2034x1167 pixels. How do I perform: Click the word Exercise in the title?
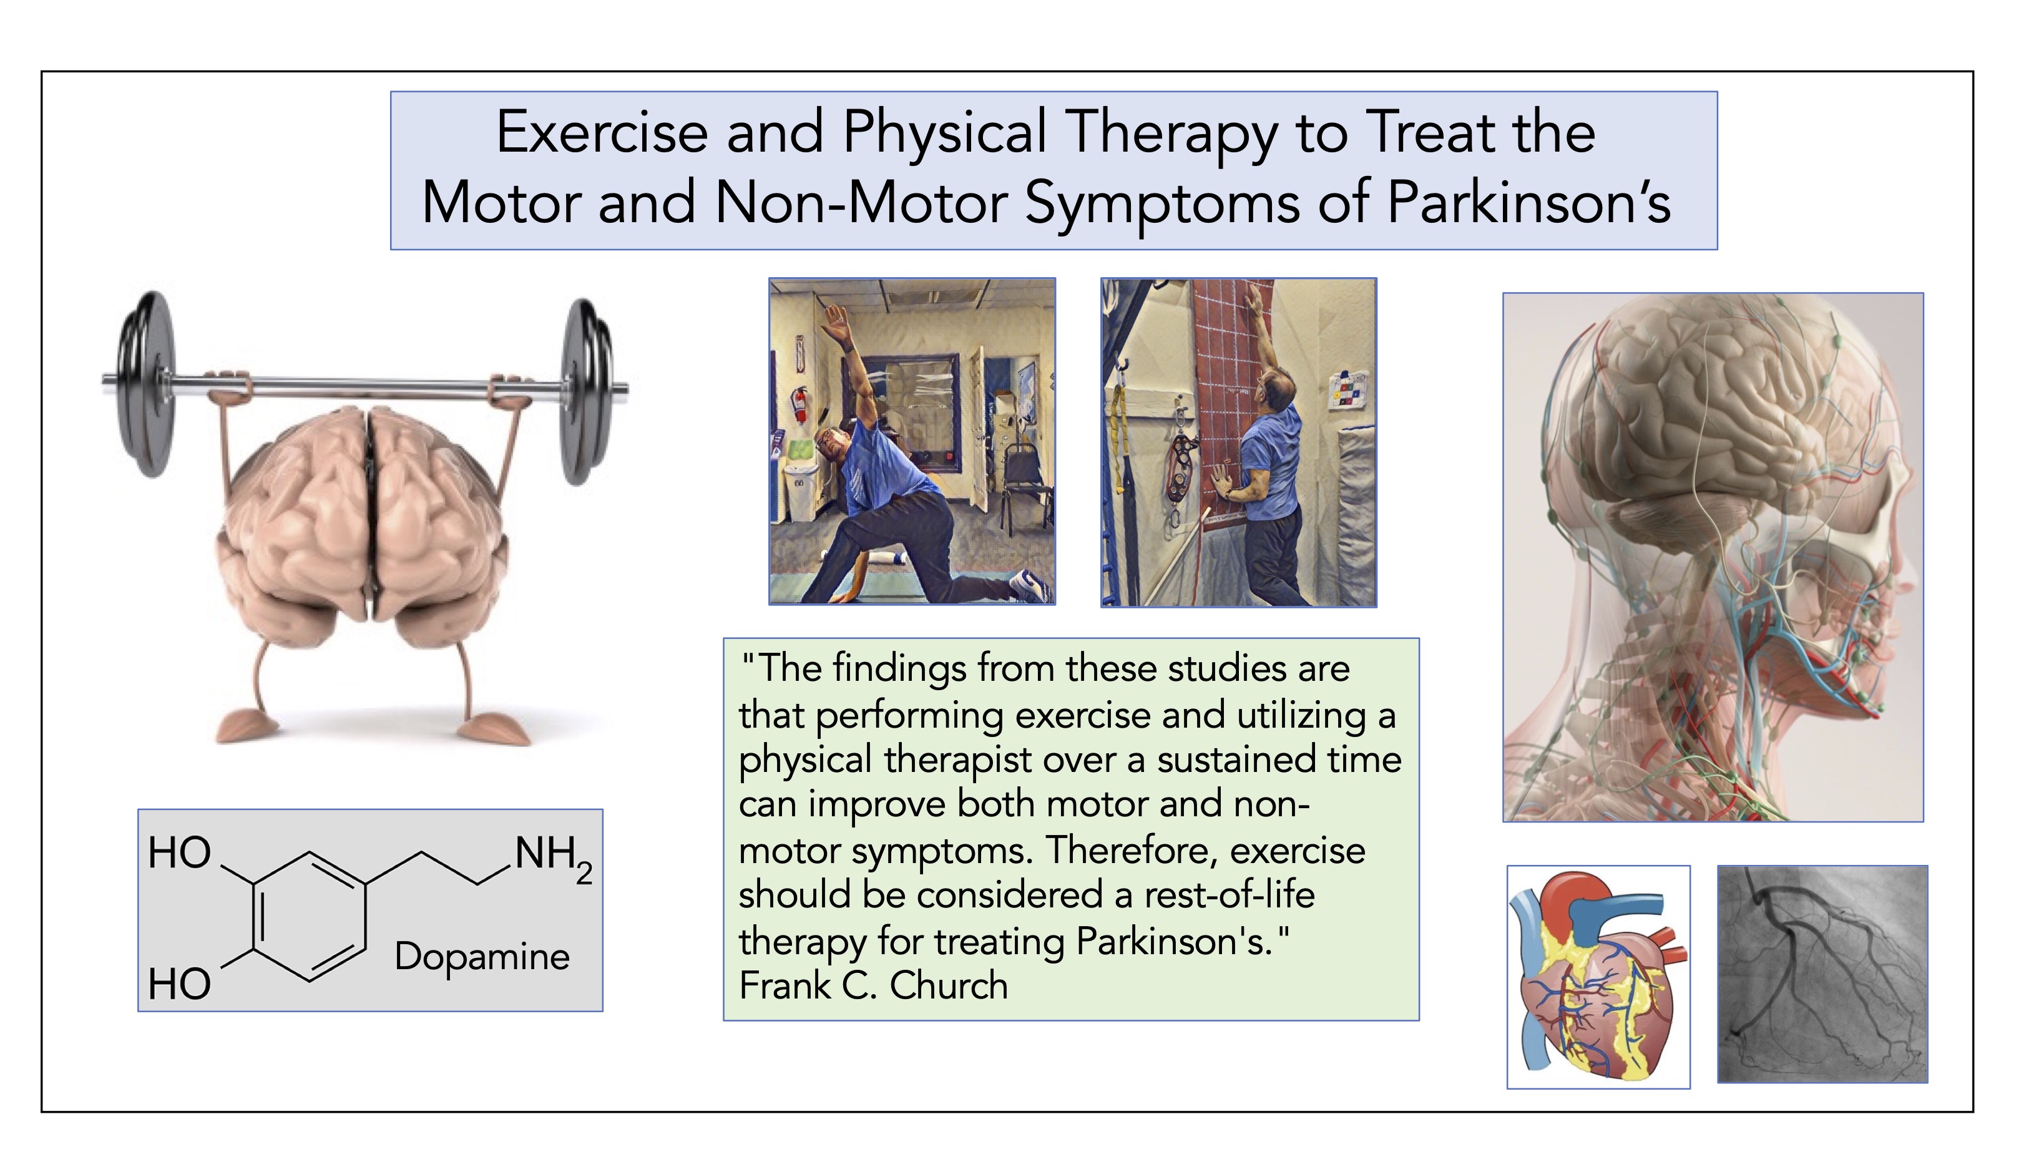[602, 132]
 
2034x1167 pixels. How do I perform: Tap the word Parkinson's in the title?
[1528, 202]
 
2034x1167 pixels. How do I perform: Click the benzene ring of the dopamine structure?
[310, 916]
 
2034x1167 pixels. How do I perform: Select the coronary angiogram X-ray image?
[1822, 974]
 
